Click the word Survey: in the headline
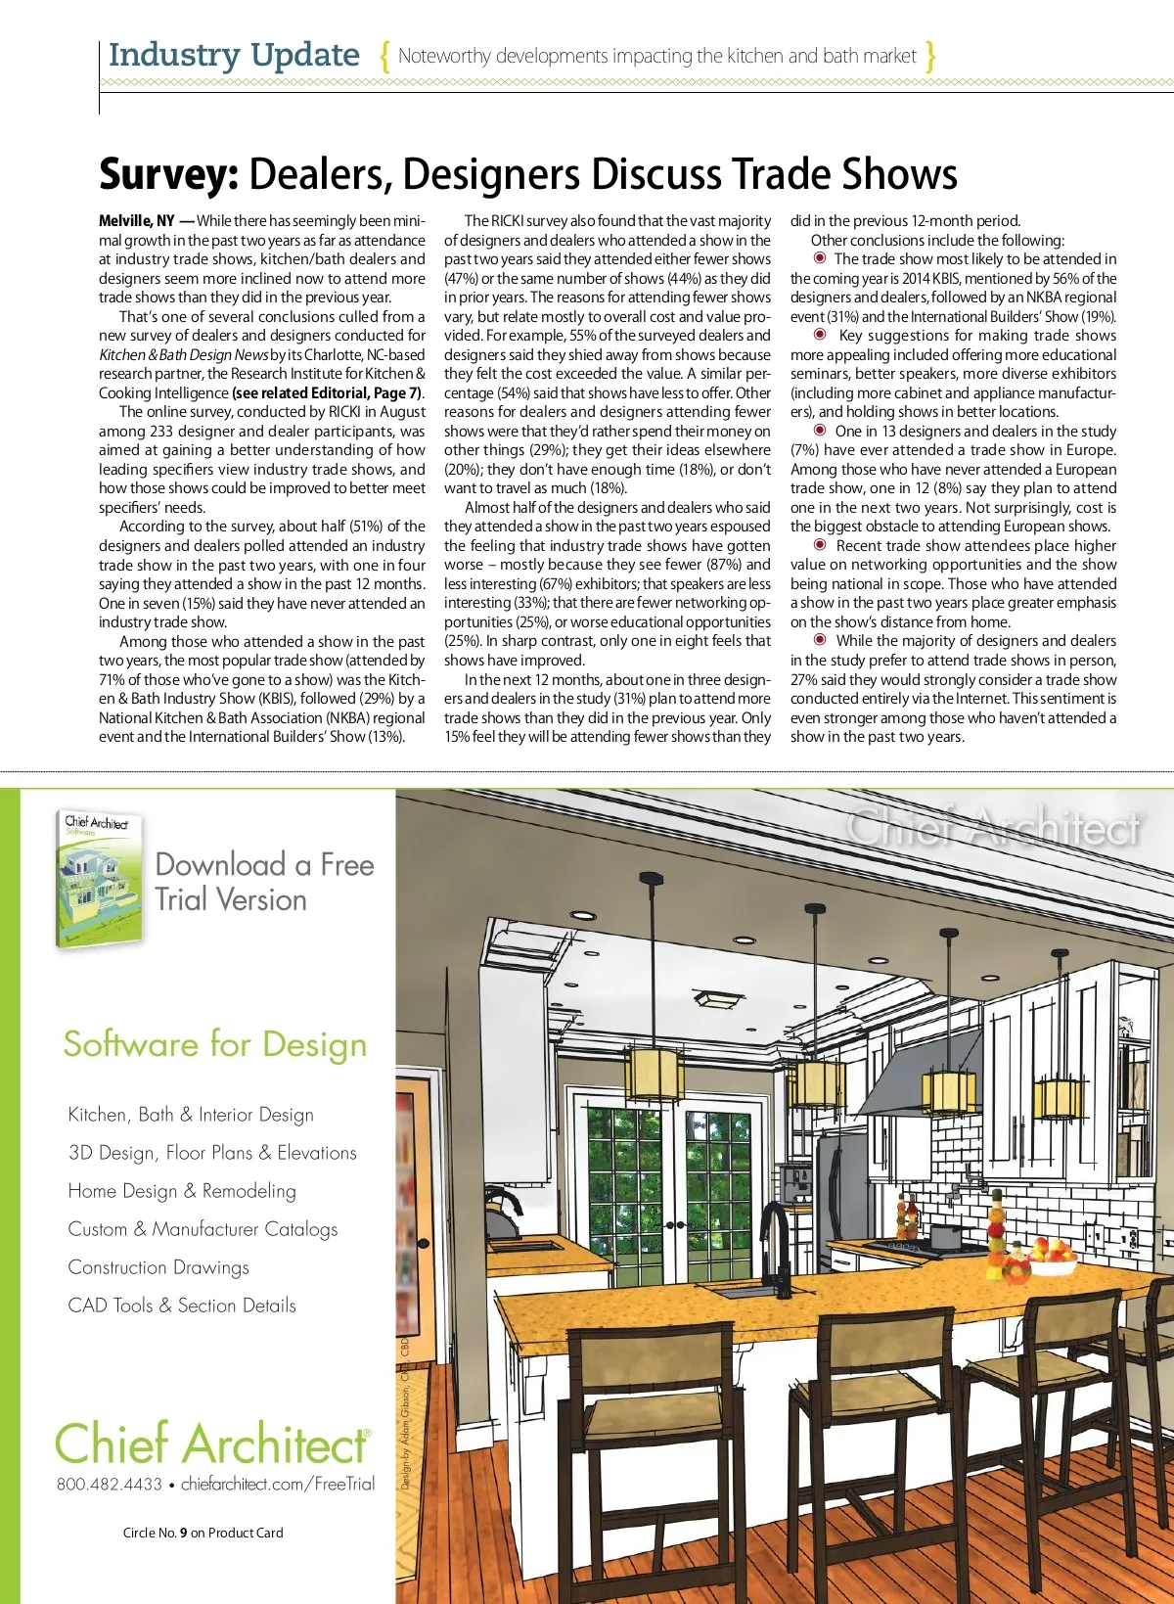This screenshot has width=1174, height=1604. coord(168,175)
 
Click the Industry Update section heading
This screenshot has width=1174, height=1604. coord(234,55)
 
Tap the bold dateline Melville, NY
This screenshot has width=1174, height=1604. coord(137,221)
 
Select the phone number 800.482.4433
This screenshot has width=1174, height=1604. coord(110,1484)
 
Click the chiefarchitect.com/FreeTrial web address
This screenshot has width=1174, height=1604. coord(278,1484)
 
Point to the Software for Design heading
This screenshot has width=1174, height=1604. coord(215,1044)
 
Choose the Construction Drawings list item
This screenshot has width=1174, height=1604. coord(158,1267)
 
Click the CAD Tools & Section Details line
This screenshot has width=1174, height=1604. coord(182,1306)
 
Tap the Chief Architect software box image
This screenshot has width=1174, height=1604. coord(99,880)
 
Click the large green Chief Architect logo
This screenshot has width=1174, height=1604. coord(212,1444)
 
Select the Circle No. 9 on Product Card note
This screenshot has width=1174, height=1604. coord(203,1533)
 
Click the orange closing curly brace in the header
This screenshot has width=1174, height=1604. coord(930,56)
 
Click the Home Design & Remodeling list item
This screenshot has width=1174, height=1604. coord(182,1191)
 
